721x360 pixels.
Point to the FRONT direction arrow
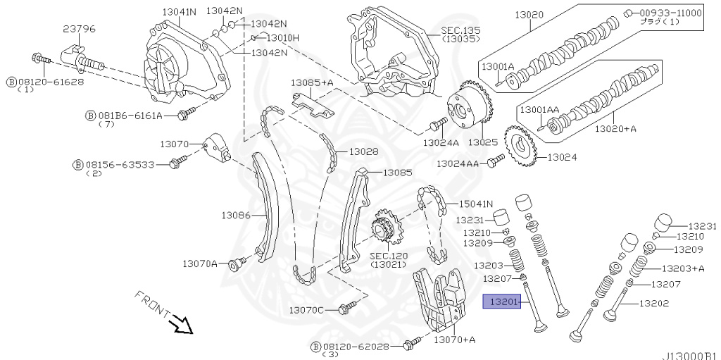[182, 324]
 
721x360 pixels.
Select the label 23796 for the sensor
[79, 29]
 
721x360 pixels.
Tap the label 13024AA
[457, 163]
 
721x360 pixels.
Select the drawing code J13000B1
[689, 354]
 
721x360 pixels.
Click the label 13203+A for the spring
[683, 268]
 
